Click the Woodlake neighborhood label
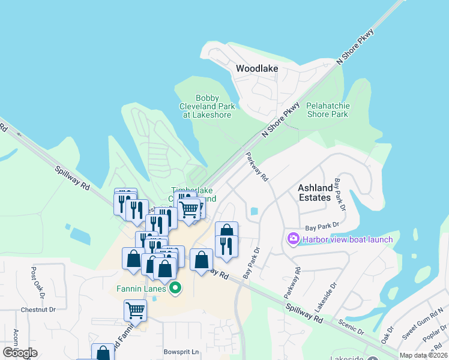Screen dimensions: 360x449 point(257,68)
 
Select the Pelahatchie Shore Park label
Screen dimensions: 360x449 point(327,110)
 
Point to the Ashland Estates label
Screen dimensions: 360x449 point(315,193)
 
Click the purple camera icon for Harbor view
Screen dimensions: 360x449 point(294,239)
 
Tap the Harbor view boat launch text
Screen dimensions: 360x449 point(348,239)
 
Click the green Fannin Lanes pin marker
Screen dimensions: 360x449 point(175,288)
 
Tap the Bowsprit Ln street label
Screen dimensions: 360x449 point(181,352)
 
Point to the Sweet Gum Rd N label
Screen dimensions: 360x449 point(423,321)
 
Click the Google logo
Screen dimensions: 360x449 point(20,352)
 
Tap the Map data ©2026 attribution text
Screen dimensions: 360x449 point(423,355)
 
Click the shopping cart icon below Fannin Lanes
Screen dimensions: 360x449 point(136,310)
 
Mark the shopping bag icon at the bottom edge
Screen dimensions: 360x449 point(103,353)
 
